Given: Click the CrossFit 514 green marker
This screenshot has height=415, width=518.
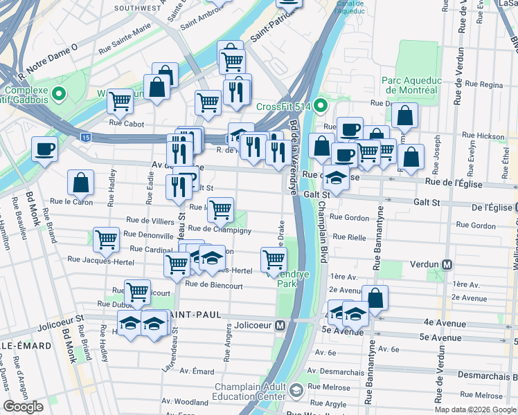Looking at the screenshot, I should click(x=319, y=106).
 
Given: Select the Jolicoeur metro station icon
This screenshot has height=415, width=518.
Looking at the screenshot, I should click(x=281, y=325).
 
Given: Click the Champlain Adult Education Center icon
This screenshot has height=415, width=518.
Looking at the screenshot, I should click(x=296, y=391).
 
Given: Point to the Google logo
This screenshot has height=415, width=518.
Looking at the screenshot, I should click(x=24, y=407).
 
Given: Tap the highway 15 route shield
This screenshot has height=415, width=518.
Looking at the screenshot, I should click(x=84, y=138).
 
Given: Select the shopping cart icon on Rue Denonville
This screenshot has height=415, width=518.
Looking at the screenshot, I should click(x=107, y=240).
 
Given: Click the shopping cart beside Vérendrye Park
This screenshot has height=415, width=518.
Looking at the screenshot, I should click(x=274, y=260).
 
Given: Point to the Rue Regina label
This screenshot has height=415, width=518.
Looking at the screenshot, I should click(x=483, y=84).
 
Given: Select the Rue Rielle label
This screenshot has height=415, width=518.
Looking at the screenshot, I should click(x=348, y=237).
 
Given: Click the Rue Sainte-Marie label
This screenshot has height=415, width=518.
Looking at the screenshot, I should click(x=125, y=49).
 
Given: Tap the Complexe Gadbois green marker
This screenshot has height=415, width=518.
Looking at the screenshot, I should click(x=60, y=93).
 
